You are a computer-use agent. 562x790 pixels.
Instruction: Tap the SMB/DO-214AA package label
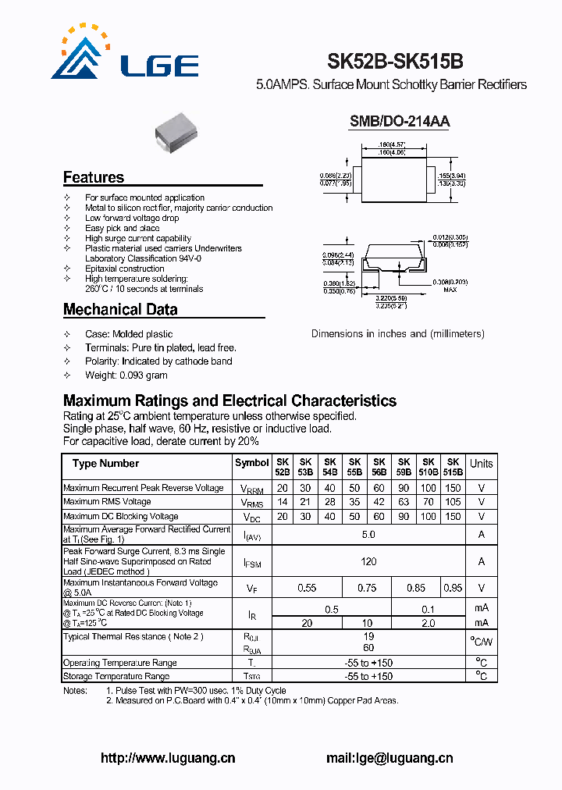(x=399, y=121)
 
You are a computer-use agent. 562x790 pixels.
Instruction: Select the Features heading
(x=94, y=177)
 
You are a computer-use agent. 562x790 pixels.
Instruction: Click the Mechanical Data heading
(x=120, y=309)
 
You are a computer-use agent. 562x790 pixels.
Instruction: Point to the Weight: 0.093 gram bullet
(x=126, y=375)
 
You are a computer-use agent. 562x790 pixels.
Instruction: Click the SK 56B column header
(x=379, y=467)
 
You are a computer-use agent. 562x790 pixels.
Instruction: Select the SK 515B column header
(x=453, y=467)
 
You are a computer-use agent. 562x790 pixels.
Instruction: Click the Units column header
(x=481, y=464)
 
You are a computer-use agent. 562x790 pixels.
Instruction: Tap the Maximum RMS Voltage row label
(x=107, y=502)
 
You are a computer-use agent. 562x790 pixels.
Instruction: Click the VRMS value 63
(x=404, y=502)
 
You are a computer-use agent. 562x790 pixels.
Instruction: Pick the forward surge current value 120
(x=368, y=561)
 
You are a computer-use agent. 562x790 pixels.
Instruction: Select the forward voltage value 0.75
(x=366, y=588)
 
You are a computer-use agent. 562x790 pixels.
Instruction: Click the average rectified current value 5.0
(x=368, y=535)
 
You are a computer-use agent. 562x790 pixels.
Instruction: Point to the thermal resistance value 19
(x=368, y=636)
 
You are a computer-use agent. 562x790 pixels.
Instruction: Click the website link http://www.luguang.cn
(x=168, y=758)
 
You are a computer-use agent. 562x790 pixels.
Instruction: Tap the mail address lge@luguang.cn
(x=389, y=758)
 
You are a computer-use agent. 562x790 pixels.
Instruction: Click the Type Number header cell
(x=106, y=464)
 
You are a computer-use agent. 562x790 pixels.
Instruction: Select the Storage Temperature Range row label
(x=116, y=676)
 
